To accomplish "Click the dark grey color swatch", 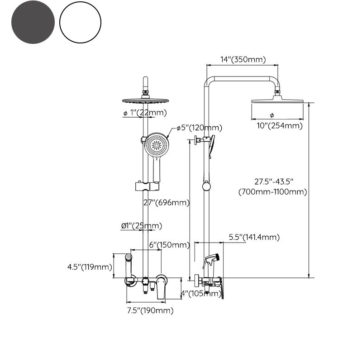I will [x=33, y=22].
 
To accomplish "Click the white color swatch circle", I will [x=80, y=22].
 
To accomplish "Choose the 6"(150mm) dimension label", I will [x=169, y=245].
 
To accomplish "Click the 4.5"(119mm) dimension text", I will [x=90, y=267].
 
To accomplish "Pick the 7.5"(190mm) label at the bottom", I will [x=150, y=310].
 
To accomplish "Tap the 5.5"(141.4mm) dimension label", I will [x=254, y=237].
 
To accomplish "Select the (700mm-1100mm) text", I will [x=273, y=191].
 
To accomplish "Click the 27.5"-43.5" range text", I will [x=274, y=181].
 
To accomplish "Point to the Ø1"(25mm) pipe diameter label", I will [x=141, y=225].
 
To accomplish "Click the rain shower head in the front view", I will [x=145, y=100].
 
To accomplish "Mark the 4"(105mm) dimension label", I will [x=200, y=293].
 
